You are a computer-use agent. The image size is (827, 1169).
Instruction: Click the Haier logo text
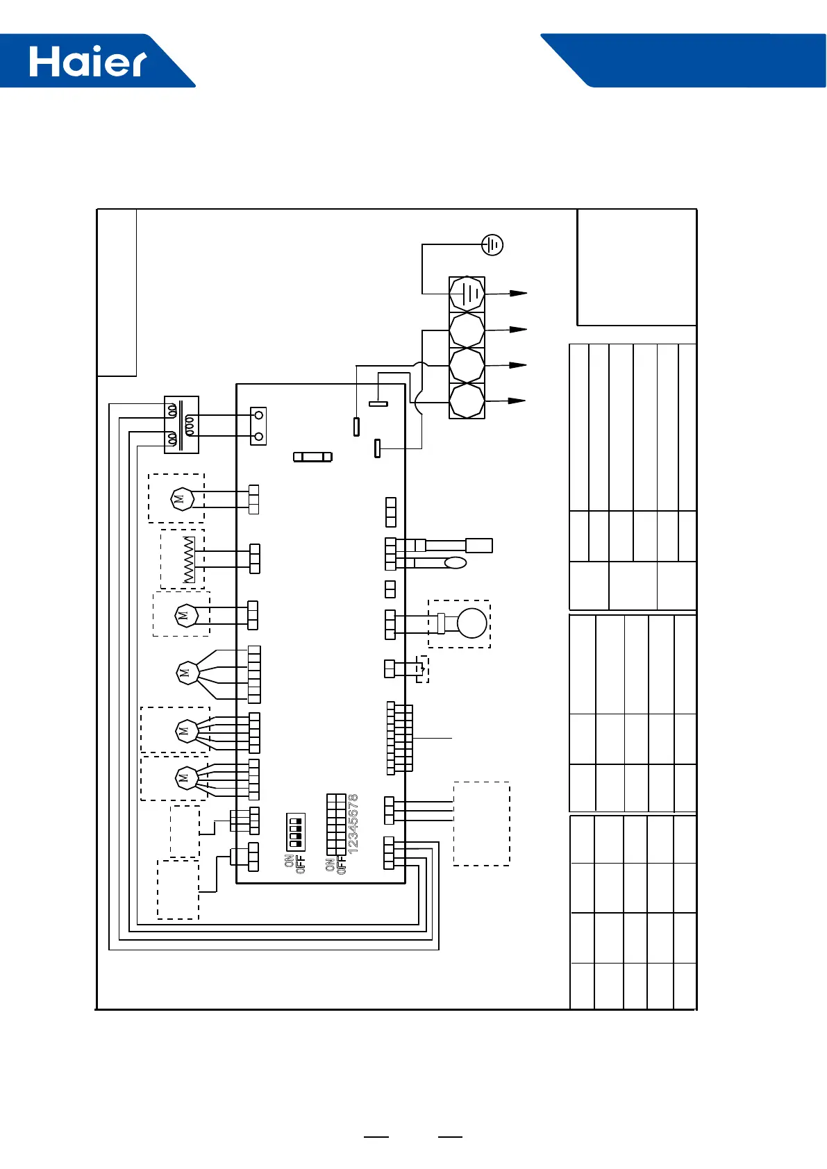click(88, 62)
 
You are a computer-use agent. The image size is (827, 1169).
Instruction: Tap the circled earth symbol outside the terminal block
click(492, 244)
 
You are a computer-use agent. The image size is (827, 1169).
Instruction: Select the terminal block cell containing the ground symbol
click(467, 294)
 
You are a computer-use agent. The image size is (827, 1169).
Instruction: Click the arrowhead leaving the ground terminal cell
click(519, 294)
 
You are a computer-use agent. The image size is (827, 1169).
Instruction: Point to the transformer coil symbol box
click(181, 425)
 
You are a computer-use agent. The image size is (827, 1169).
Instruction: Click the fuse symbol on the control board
click(312, 457)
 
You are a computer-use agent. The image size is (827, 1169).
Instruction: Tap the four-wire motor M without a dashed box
click(187, 673)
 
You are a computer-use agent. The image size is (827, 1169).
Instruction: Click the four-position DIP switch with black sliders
click(295, 832)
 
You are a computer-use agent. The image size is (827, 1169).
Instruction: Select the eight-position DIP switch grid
click(336, 824)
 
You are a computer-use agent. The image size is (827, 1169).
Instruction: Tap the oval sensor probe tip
click(456, 562)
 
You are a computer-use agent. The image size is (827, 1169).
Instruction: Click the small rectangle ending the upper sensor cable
click(479, 546)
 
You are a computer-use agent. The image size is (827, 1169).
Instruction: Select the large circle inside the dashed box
click(472, 623)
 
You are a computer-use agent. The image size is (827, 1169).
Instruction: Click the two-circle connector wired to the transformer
click(258, 426)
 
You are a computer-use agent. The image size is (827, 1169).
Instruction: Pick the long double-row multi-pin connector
click(399, 738)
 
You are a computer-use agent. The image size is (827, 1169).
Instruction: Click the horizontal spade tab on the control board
click(378, 403)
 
